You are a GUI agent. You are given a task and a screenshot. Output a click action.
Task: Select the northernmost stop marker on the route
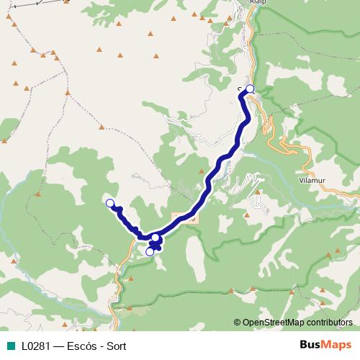tap(250, 89)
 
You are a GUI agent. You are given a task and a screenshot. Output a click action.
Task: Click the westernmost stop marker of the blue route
tap(110, 203)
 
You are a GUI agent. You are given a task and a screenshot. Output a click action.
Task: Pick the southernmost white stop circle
tap(150, 251)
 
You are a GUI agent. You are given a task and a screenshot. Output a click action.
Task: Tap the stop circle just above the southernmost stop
tap(156, 238)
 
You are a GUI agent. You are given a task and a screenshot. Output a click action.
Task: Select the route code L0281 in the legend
tap(34, 346)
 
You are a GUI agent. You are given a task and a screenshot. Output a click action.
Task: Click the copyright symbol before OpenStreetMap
tap(238, 323)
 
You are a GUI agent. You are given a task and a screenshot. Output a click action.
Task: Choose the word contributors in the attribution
tap(329, 323)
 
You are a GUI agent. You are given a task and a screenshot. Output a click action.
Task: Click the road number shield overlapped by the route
tap(185, 217)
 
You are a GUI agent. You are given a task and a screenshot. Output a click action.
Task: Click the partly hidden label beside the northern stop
tap(240, 89)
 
